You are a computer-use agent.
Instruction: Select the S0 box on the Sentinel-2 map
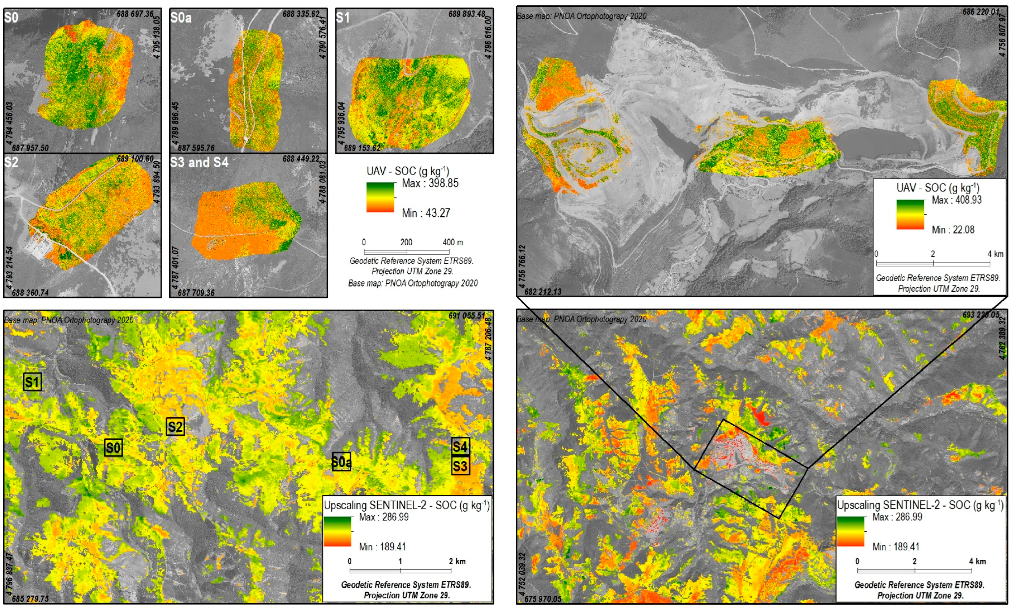click(x=113, y=448)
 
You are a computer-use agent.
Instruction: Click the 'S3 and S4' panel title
click(x=199, y=163)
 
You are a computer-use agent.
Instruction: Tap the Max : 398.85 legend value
click(x=430, y=183)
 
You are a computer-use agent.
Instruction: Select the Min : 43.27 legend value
click(x=426, y=213)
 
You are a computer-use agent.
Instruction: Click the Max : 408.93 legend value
click(x=956, y=200)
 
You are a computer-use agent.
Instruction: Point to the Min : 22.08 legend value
click(x=953, y=230)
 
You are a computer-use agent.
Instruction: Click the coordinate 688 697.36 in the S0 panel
click(x=135, y=14)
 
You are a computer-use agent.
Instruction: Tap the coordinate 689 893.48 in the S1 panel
click(x=467, y=14)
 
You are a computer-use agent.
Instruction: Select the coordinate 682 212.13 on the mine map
click(x=543, y=292)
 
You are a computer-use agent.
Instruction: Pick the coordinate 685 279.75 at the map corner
click(x=30, y=599)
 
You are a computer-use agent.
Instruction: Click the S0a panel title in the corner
click(x=181, y=18)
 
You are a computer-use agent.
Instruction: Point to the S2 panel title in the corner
click(x=11, y=163)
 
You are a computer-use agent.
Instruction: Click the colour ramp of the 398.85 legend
click(x=380, y=198)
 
